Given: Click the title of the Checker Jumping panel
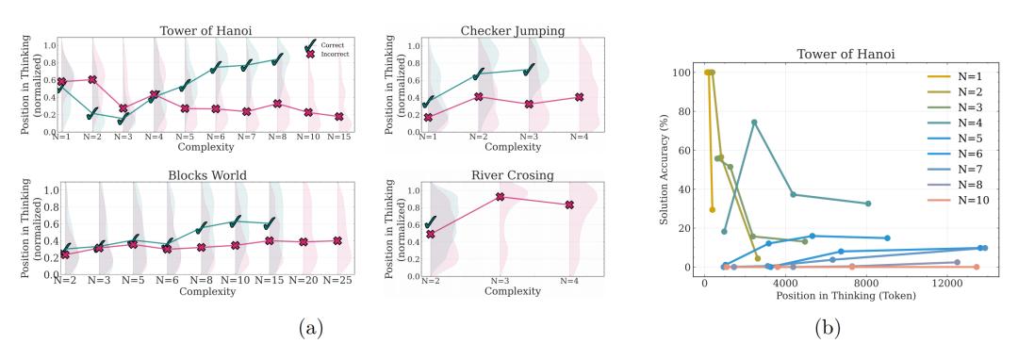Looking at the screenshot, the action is pyautogui.click(x=512, y=30).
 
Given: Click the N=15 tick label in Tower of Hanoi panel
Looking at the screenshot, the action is pyautogui.click(x=340, y=137).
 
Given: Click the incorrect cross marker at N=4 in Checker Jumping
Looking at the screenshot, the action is pyautogui.click(x=579, y=97).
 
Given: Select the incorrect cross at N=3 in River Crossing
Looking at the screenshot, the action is pyautogui.click(x=500, y=197).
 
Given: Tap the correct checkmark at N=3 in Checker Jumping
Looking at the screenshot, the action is pyautogui.click(x=529, y=68).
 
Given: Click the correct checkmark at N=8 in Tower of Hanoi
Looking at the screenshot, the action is pyautogui.click(x=278, y=59).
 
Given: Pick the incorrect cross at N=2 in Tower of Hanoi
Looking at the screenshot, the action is pyautogui.click(x=92, y=79).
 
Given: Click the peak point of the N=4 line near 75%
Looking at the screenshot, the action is pyautogui.click(x=754, y=122).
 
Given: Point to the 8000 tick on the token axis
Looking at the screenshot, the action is pyautogui.click(x=867, y=282).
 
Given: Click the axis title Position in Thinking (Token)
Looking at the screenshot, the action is pyautogui.click(x=846, y=296).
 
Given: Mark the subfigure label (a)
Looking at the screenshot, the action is pyautogui.click(x=310, y=328).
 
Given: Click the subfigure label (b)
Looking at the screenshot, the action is pyautogui.click(x=828, y=328).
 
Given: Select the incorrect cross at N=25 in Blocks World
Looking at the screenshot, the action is pyautogui.click(x=337, y=240).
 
